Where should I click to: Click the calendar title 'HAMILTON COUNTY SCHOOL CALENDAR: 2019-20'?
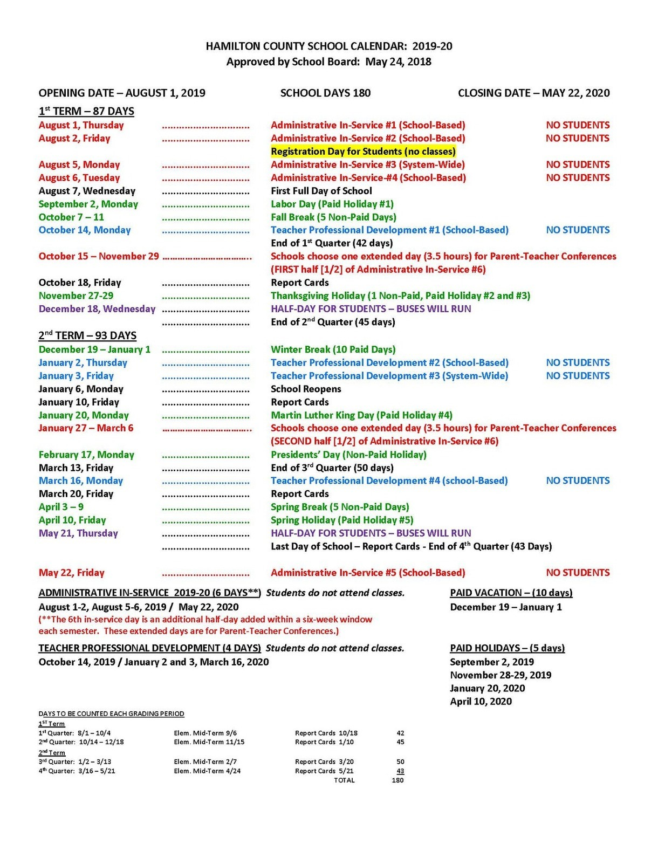(x=328, y=46)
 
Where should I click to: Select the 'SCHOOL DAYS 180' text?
(x=325, y=93)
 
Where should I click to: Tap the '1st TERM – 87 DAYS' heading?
(x=86, y=111)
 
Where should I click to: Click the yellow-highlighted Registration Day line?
(x=363, y=152)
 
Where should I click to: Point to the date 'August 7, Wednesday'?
(x=87, y=191)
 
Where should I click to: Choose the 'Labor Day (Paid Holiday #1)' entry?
(x=332, y=204)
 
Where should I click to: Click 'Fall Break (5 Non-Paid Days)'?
(x=333, y=217)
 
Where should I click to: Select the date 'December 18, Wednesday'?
(x=97, y=309)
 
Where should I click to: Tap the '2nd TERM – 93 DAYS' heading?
(x=87, y=335)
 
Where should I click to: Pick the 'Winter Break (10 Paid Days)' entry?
(x=333, y=349)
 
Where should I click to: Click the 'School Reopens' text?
(x=306, y=389)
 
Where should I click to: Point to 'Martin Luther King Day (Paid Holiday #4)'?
(x=361, y=415)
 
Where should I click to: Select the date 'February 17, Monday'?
(x=86, y=455)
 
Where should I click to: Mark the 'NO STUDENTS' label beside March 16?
(x=578, y=481)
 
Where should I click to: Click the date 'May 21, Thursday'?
(x=78, y=533)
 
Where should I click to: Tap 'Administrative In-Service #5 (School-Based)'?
(x=368, y=573)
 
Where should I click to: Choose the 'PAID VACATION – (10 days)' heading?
(x=511, y=593)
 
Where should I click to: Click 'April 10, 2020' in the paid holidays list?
(x=481, y=702)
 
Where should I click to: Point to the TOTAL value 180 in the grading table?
(x=397, y=780)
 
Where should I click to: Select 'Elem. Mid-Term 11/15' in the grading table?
(x=209, y=742)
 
